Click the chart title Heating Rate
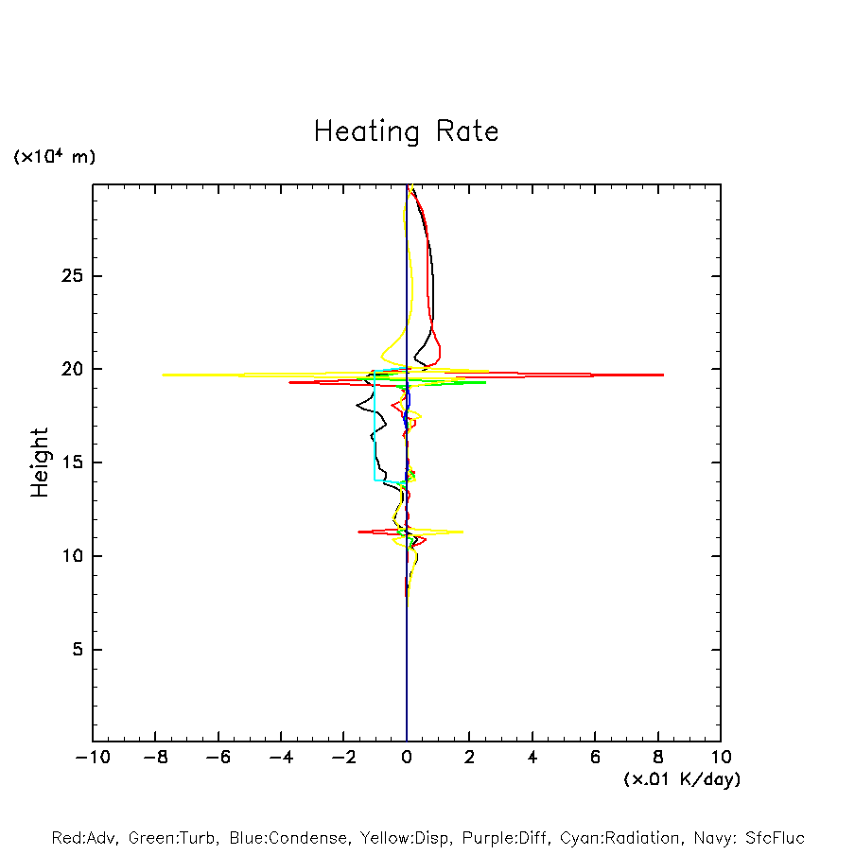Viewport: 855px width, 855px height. coord(406,131)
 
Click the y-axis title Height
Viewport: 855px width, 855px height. coord(40,462)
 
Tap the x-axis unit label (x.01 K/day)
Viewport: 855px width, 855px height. coord(681,779)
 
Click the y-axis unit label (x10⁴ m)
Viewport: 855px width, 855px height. coord(54,157)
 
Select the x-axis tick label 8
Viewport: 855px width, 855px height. coord(657,758)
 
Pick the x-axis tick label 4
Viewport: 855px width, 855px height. coord(532,758)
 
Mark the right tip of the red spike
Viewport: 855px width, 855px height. coord(663,375)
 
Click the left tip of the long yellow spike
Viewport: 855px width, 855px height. coord(163,375)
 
